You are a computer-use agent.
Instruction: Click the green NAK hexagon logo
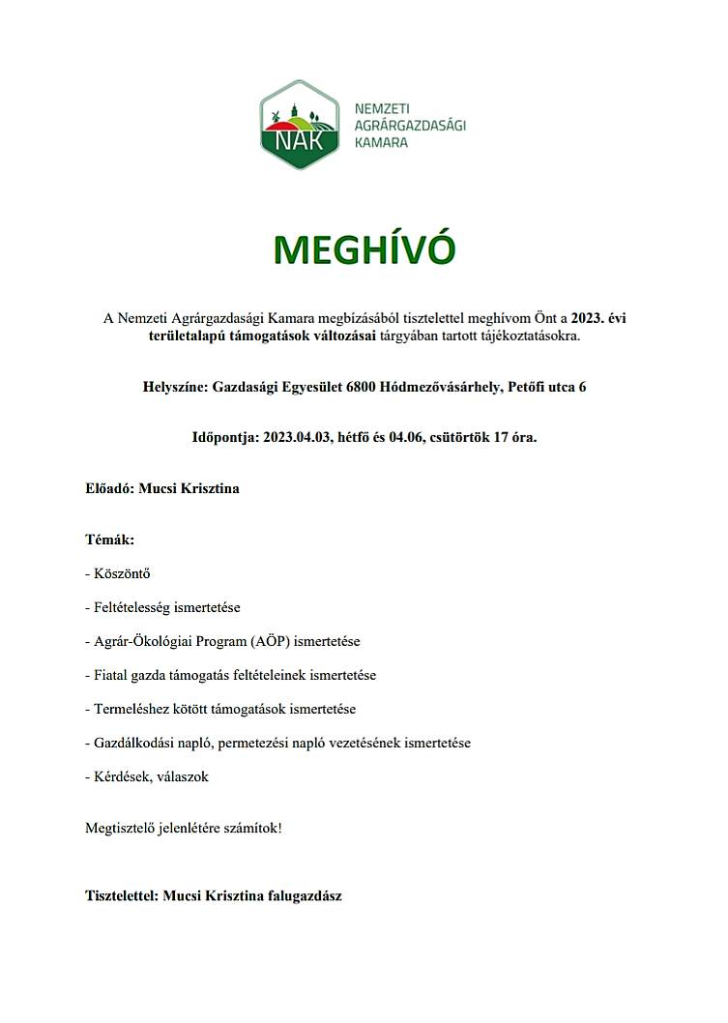(x=300, y=125)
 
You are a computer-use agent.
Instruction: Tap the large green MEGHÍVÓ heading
(x=364, y=249)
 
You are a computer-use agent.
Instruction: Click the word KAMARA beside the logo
(x=382, y=141)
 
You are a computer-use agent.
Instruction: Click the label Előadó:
(x=109, y=488)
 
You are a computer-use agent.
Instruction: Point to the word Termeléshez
(x=130, y=709)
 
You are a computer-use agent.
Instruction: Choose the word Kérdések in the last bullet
(x=120, y=776)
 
